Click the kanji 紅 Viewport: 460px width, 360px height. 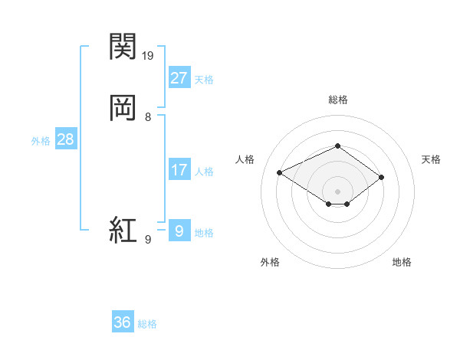[x=123, y=229]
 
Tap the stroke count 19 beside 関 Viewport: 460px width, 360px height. [x=149, y=55]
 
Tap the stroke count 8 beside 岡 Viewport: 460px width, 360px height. [x=148, y=116]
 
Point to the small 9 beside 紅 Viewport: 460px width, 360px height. [x=148, y=240]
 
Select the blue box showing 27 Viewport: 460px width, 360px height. [x=179, y=77]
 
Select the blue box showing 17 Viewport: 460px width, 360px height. [x=179, y=170]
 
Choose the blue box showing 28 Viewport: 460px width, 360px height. [x=65, y=139]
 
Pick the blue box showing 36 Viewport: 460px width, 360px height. [x=123, y=322]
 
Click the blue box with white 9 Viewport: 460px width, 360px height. [x=179, y=231]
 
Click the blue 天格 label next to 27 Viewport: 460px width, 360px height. [x=204, y=80]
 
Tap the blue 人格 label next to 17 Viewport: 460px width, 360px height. [x=204, y=172]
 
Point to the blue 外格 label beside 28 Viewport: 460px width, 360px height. [x=41, y=141]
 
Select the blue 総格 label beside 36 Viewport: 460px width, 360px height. [x=147, y=324]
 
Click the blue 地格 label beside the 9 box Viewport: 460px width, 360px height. [x=204, y=233]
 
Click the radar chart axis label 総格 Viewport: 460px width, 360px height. [x=337, y=100]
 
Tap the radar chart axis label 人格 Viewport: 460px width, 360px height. [x=245, y=159]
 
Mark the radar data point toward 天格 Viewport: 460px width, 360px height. [x=381, y=178]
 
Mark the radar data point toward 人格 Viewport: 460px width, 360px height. [x=280, y=172]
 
